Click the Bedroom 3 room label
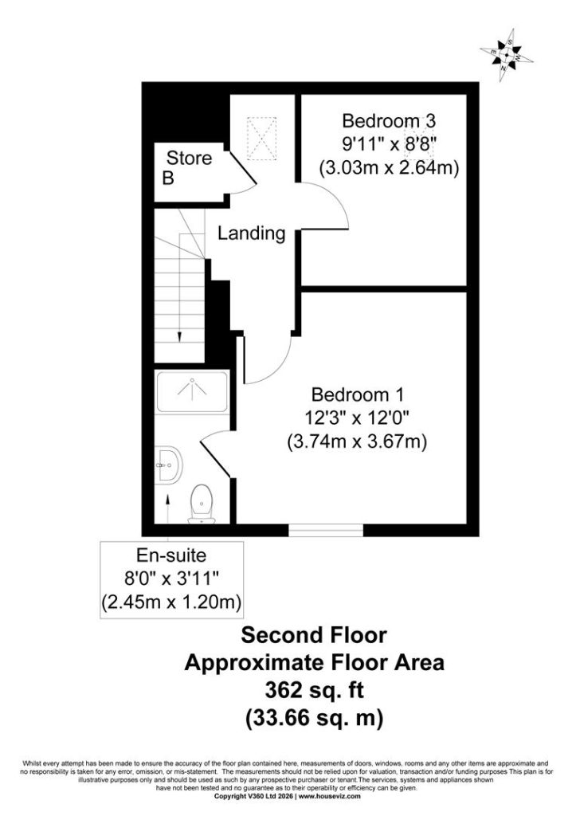tap(388, 121)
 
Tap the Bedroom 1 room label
tap(357, 394)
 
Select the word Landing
tap(251, 233)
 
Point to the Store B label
tap(187, 167)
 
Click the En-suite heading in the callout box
tap(171, 555)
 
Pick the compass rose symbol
tap(506, 55)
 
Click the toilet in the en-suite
tap(202, 504)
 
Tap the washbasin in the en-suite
tap(169, 465)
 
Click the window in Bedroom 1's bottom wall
tap(326, 530)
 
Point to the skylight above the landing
tap(261, 139)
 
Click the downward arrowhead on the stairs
tap(179, 337)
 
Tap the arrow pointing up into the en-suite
tap(168, 508)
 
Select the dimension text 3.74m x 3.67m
tap(357, 441)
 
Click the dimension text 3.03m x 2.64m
tap(389, 167)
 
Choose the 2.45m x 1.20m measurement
tap(171, 602)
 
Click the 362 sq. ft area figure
tap(314, 691)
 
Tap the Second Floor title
tap(314, 635)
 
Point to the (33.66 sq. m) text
tap(314, 718)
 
